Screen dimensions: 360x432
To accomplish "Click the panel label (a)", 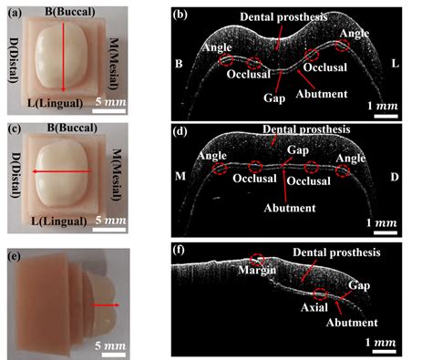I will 15,14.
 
